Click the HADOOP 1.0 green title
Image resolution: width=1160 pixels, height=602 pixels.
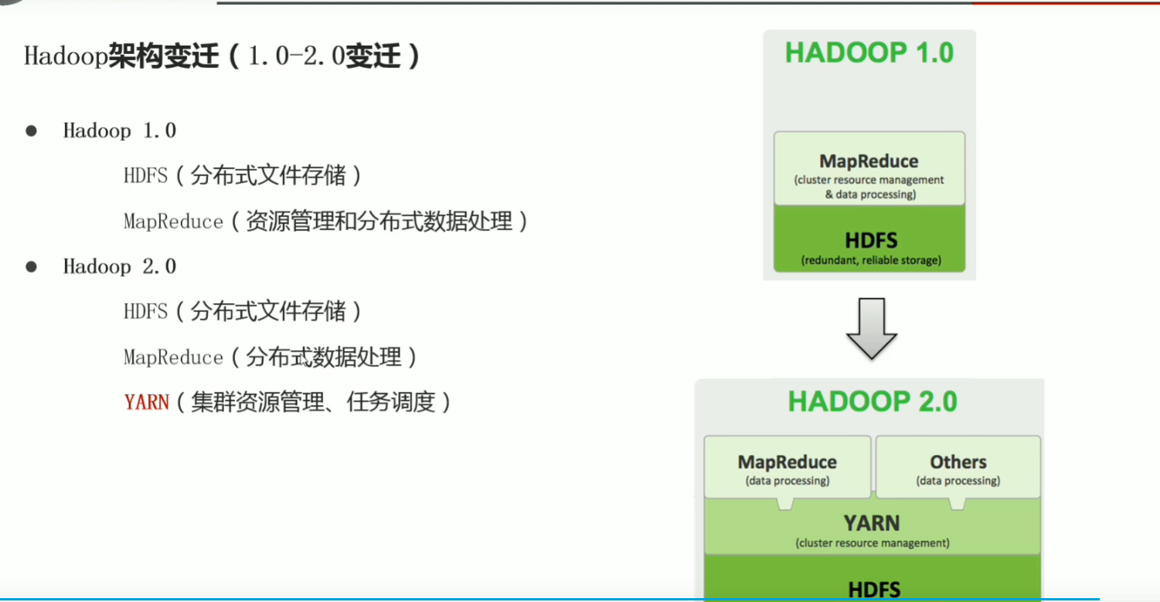click(x=869, y=53)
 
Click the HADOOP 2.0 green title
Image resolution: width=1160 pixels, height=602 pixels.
click(x=873, y=402)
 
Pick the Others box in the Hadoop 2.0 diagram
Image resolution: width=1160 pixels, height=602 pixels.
click(x=958, y=467)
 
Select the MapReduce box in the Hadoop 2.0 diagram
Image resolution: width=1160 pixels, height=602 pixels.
click(x=788, y=467)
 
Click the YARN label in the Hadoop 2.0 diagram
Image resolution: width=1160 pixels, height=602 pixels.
click(x=872, y=523)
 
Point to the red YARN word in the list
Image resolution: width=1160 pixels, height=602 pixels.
click(x=146, y=403)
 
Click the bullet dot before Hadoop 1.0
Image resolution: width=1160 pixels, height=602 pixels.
click(x=32, y=131)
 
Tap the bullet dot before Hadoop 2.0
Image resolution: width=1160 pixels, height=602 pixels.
click(x=32, y=267)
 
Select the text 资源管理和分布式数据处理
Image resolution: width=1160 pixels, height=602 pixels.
click(x=379, y=222)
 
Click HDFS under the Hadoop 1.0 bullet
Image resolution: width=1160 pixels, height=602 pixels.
click(x=145, y=176)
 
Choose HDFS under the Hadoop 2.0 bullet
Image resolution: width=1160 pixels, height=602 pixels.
click(x=145, y=312)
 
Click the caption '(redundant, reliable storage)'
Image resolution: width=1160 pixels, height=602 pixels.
click(x=871, y=260)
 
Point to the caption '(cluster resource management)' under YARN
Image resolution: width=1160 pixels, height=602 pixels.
click(x=872, y=543)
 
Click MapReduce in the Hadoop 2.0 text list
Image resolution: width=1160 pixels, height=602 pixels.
click(x=173, y=358)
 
